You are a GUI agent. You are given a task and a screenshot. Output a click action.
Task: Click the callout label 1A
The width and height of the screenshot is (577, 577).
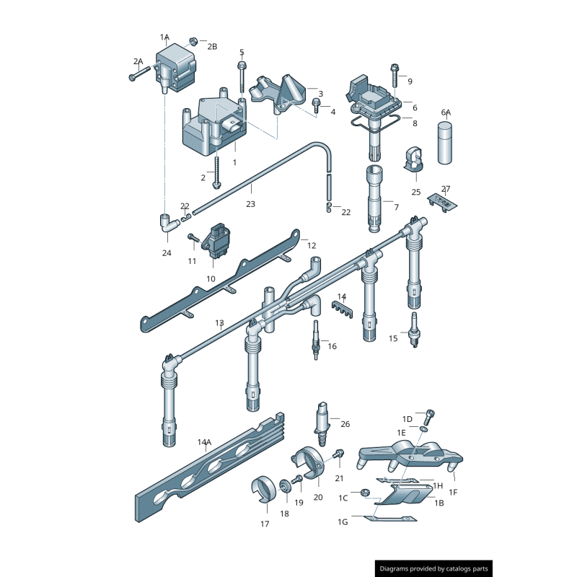tap(164, 37)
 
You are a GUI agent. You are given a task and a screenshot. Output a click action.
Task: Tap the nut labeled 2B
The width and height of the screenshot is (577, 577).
tap(194, 41)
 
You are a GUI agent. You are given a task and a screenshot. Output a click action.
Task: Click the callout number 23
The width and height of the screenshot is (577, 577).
tap(250, 204)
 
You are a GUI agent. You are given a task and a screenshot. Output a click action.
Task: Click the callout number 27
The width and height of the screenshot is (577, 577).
tap(446, 189)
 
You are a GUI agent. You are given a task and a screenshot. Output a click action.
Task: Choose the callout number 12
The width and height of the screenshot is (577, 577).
tap(312, 245)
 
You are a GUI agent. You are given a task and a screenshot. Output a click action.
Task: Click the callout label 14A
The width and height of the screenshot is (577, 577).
tap(204, 442)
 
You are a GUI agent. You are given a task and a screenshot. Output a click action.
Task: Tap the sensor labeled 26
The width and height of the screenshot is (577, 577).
tap(322, 424)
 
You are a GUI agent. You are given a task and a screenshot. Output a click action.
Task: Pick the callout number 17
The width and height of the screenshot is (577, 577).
tap(265, 524)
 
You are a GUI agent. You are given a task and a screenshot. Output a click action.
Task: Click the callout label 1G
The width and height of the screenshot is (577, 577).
tap(343, 521)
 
